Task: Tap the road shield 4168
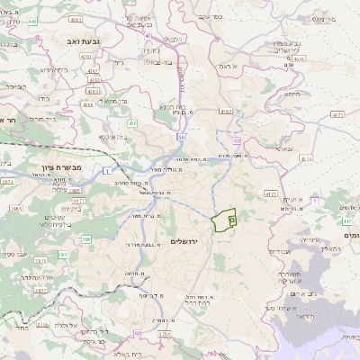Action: [x=87, y=104]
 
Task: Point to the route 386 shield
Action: [x=86, y=238]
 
